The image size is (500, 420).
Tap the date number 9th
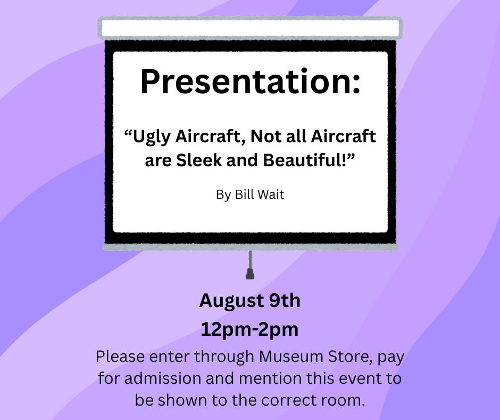(x=285, y=301)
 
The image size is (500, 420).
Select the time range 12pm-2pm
(x=249, y=329)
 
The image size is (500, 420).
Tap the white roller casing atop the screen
(x=251, y=28)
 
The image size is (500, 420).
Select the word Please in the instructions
(x=120, y=357)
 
